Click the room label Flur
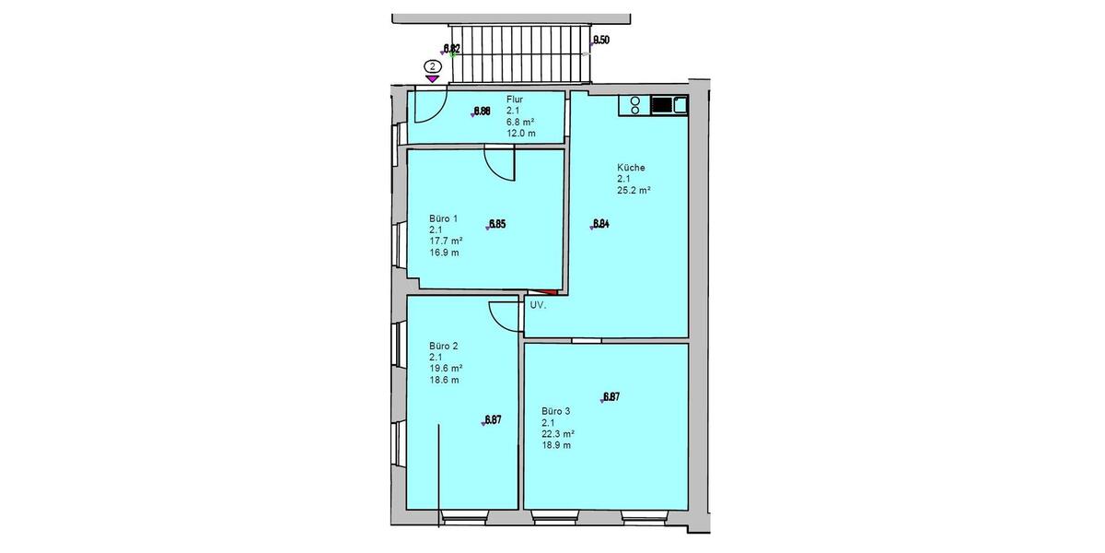[516, 100]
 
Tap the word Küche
[631, 168]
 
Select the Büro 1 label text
[443, 218]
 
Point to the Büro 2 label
[443, 347]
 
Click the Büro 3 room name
[557, 411]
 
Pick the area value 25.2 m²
[634, 191]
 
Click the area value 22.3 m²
[558, 434]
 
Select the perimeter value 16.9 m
[444, 252]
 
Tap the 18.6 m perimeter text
[444, 380]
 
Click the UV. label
[539, 304]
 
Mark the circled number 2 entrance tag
[431, 66]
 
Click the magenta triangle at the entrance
[431, 80]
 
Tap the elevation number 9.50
[600, 40]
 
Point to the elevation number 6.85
[497, 224]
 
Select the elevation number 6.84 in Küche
[601, 223]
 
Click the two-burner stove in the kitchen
[635, 106]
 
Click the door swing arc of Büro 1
[497, 166]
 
